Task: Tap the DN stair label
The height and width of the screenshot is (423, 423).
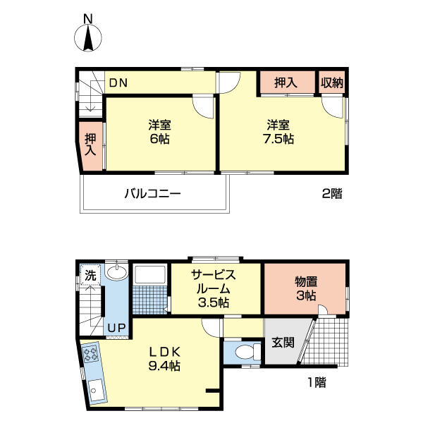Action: click(117, 82)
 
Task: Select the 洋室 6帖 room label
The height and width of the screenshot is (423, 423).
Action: click(159, 132)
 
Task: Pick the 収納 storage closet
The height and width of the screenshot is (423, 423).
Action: click(332, 82)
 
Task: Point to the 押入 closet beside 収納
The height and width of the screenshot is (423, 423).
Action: click(286, 82)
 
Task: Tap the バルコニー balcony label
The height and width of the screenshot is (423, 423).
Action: click(153, 192)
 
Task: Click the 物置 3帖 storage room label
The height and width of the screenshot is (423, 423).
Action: click(306, 288)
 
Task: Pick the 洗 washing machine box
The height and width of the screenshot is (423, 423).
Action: click(90, 275)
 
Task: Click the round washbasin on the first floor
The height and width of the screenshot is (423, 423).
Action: click(117, 274)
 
